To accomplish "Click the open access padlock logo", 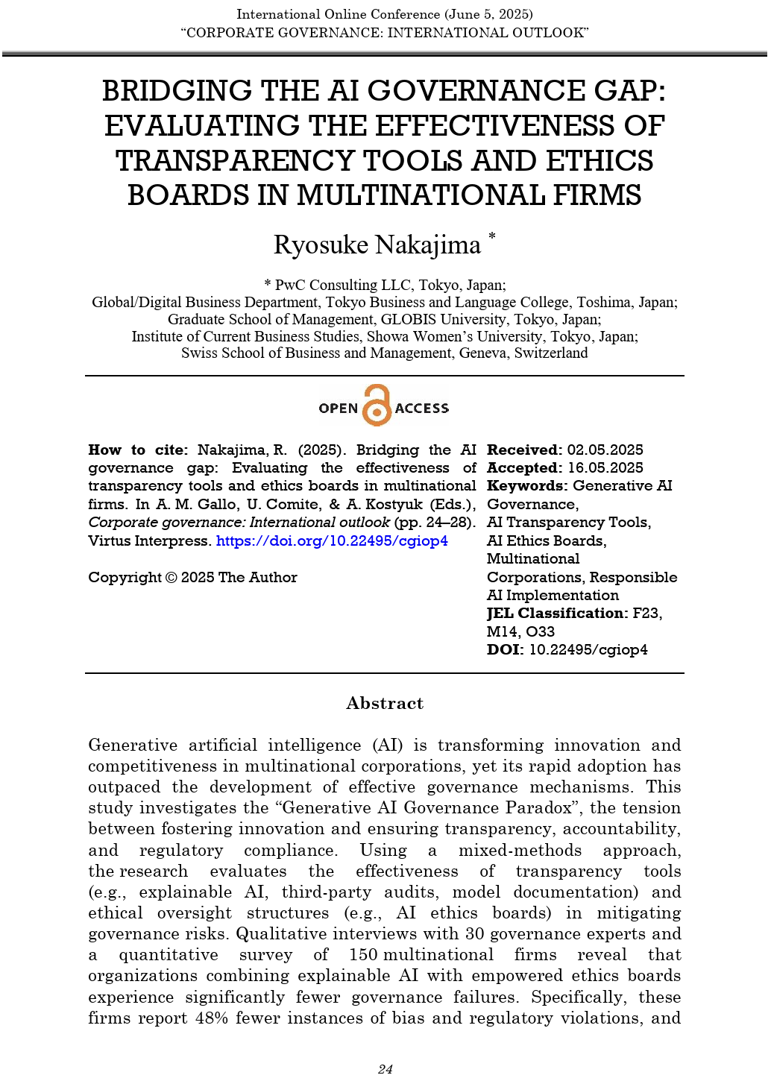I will coord(377,406).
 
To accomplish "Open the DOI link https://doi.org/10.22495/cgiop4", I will coord(332,541).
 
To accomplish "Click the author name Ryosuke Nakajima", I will coord(377,245).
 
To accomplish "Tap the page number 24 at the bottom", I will coord(385,1069).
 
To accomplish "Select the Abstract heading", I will coord(385,703).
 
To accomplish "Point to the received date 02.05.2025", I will coord(605,450).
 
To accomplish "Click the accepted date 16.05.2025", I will coord(605,468).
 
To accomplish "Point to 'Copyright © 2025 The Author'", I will coord(192,578).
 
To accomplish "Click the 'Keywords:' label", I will coord(527,486).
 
